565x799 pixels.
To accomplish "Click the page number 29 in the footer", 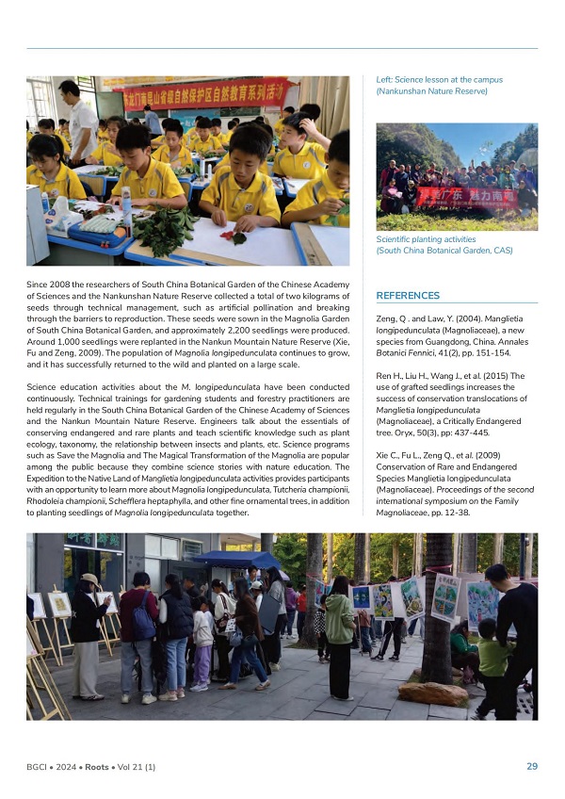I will click(532, 766).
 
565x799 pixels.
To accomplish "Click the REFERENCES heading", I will click(408, 295).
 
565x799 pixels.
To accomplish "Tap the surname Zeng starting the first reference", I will click(387, 322).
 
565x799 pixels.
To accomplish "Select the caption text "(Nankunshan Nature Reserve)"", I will click(431, 91).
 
